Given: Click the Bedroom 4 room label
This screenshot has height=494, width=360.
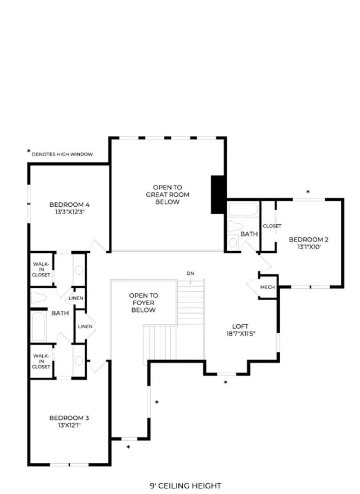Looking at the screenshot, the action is click(69, 205).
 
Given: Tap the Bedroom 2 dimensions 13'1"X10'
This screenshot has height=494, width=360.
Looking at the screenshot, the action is click(309, 247).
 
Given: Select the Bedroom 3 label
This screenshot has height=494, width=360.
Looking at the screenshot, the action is click(69, 418).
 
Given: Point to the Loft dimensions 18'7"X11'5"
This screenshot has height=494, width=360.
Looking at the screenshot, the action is click(241, 334).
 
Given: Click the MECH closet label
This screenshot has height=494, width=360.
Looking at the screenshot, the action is click(267, 287).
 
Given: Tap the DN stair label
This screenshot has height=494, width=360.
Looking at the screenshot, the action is click(190, 274).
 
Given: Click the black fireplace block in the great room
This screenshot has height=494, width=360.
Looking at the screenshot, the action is click(218, 194).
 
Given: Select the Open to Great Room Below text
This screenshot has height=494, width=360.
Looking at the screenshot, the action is click(168, 194).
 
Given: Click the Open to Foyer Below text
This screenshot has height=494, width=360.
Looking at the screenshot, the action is click(143, 303).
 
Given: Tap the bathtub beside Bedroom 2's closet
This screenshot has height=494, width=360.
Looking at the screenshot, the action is click(243, 209).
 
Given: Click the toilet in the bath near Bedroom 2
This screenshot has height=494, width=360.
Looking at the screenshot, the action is click(235, 226).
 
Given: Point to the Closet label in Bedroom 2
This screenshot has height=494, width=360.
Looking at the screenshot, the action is click(272, 226).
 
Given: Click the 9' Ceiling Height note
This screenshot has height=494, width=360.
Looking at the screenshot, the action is click(186, 486).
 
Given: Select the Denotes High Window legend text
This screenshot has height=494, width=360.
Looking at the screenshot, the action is click(62, 155).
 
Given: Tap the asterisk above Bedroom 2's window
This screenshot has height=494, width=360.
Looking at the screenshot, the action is click(308, 192).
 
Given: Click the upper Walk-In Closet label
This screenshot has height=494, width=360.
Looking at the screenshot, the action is click(41, 270).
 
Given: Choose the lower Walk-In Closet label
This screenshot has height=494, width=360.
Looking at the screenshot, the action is click(41, 361).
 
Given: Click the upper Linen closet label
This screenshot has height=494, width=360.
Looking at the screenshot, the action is click(76, 298).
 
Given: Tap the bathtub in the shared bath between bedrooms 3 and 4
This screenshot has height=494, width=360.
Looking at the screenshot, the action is click(38, 327).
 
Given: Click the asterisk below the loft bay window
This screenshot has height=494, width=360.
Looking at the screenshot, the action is click(226, 383).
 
